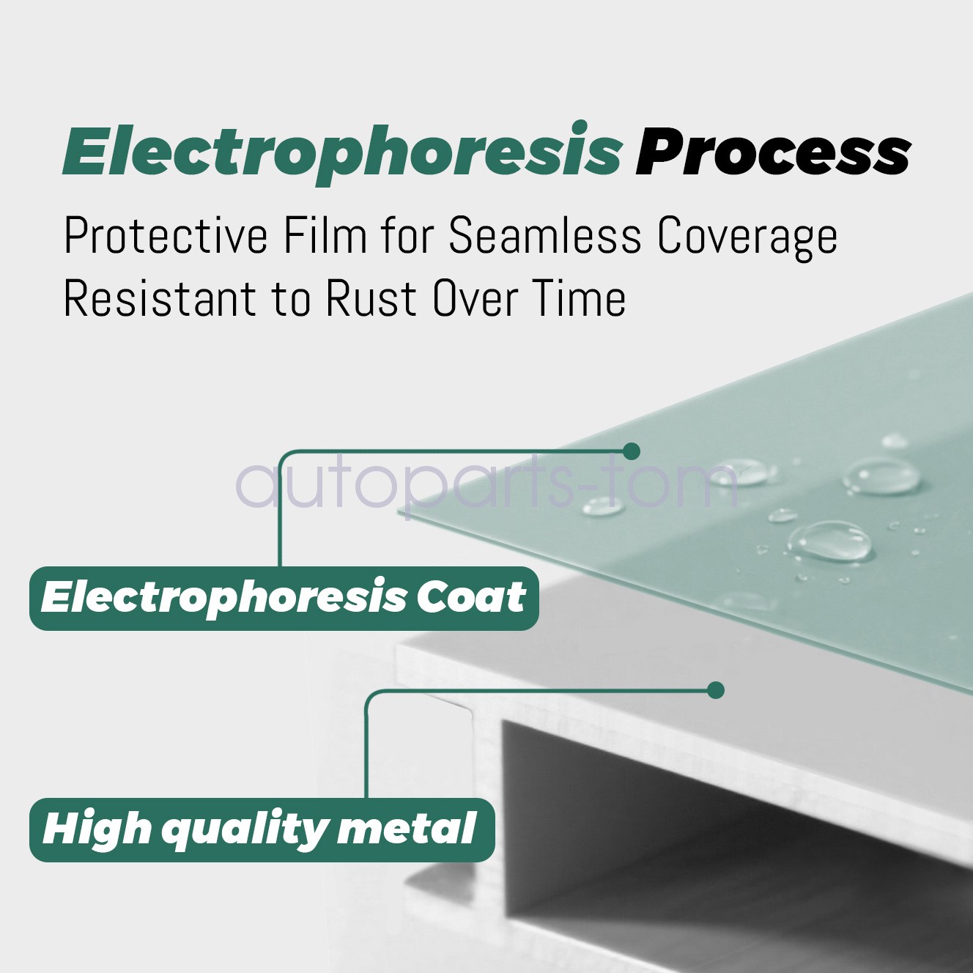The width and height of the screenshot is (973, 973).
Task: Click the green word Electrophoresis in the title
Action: (342, 152)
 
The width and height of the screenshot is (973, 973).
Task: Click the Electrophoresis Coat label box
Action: (284, 599)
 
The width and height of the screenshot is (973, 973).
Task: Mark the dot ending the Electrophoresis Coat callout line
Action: (632, 451)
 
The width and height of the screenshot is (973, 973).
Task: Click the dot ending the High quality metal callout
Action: (716, 690)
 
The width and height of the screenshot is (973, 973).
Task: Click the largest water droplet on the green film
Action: (830, 541)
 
